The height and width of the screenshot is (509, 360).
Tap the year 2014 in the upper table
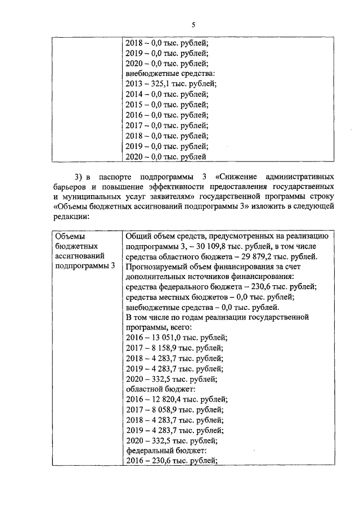pos(134,94)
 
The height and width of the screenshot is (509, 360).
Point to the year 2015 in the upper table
pos(134,105)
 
